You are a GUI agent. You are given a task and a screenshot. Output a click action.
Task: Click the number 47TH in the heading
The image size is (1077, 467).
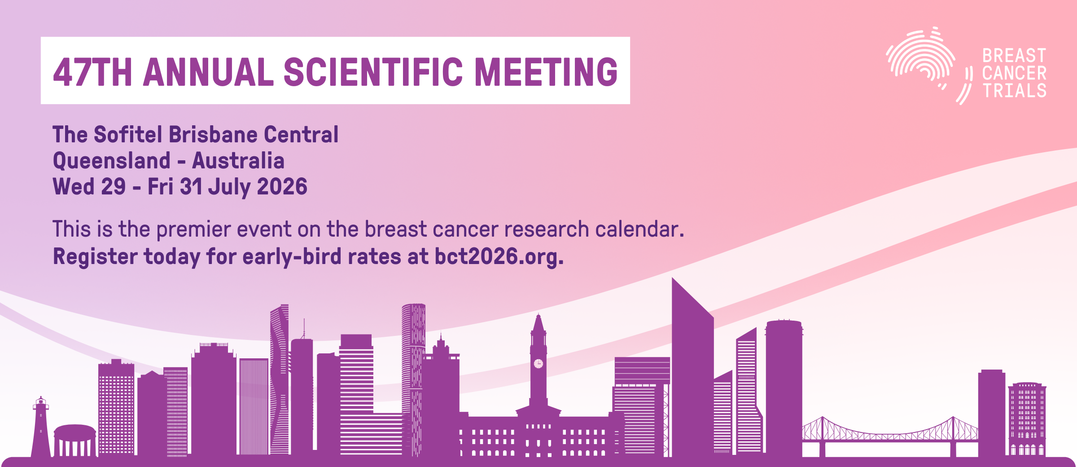coord(92,72)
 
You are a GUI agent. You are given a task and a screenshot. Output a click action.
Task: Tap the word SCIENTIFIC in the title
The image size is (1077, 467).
coord(373,72)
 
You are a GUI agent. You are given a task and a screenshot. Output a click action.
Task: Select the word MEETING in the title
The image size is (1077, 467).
coord(546,72)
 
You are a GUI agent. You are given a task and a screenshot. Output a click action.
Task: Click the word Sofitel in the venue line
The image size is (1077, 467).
coord(128,135)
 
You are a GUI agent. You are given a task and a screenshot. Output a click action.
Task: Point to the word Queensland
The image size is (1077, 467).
coord(112,161)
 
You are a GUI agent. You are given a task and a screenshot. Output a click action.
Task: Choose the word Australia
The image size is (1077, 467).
coord(238,161)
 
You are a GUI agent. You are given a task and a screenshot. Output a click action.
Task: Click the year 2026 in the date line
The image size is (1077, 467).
coord(282,187)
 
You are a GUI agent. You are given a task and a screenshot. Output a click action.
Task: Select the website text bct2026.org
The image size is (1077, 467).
coord(499,257)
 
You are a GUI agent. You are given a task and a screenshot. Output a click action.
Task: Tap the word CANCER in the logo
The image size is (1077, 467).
coord(1014,74)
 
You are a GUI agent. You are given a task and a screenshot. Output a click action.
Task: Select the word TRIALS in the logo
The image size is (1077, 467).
coord(1014,91)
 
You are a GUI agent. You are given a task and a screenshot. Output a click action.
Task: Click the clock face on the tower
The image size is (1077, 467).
coord(538,363)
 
